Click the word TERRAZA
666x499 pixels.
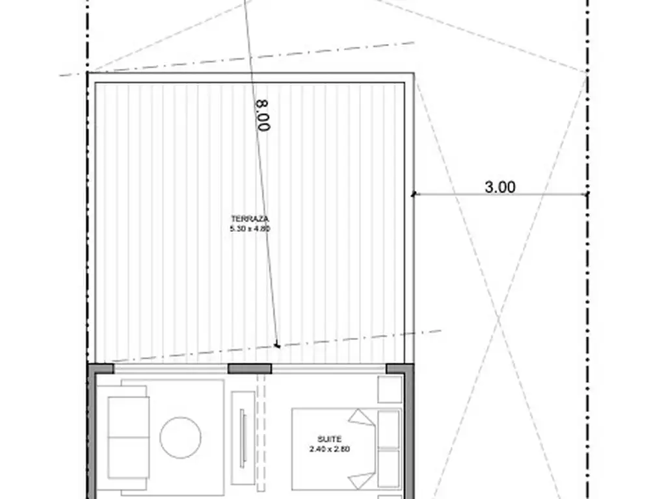pyautogui.click(x=250, y=219)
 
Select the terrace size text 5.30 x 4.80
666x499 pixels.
pyautogui.click(x=250, y=229)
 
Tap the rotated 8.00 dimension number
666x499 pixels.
pyautogui.click(x=263, y=116)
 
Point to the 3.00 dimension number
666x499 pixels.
pyautogui.click(x=500, y=186)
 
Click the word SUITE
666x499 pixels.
pyautogui.click(x=329, y=439)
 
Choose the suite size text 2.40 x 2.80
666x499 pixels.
pyautogui.click(x=329, y=449)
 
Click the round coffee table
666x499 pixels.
pyautogui.click(x=180, y=437)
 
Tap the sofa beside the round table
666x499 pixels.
pyautogui.click(x=128, y=437)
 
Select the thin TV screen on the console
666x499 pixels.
pyautogui.click(x=243, y=437)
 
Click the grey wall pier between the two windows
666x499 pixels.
pyautogui.click(x=250, y=368)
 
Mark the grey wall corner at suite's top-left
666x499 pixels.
pyautogui.click(x=100, y=369)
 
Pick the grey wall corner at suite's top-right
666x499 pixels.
pyautogui.click(x=400, y=369)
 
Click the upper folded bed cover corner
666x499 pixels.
pyautogui.click(x=362, y=417)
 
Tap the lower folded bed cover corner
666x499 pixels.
pyautogui.click(x=362, y=480)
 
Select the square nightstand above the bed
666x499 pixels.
pyautogui.click(x=390, y=389)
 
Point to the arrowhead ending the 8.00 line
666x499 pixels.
pyautogui.click(x=277, y=346)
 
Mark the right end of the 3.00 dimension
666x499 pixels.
pyautogui.click(x=587, y=194)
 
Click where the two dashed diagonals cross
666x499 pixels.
pyautogui.click(x=499, y=316)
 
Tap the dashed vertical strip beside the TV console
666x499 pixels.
pyautogui.click(x=261, y=432)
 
